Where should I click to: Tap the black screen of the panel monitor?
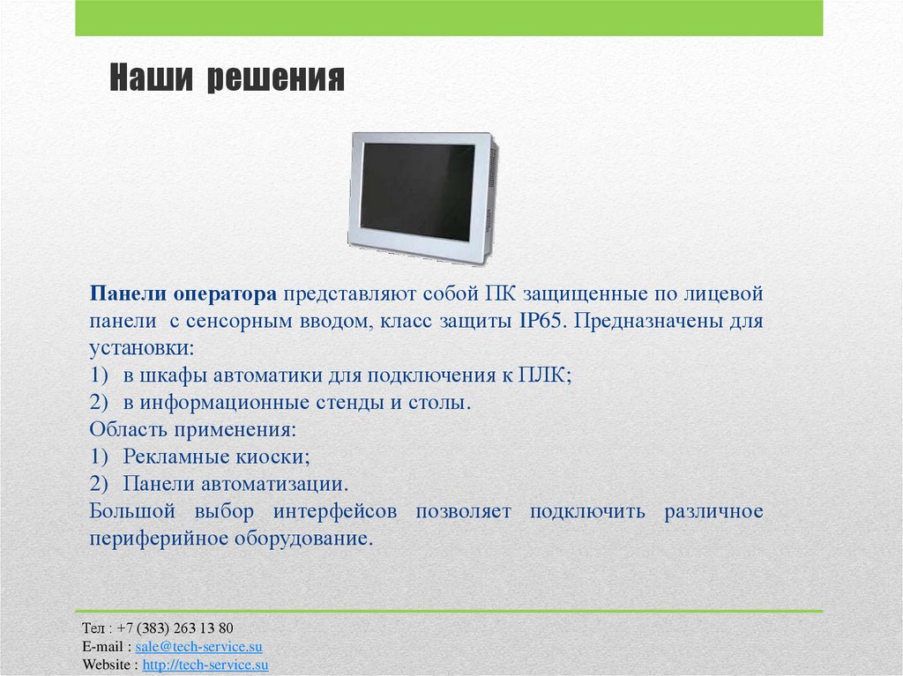click(417, 191)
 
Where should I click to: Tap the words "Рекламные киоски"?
click(214, 457)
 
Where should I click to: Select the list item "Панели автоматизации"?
click(233, 484)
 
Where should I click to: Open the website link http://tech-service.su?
click(205, 665)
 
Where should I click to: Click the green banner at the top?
click(449, 18)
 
